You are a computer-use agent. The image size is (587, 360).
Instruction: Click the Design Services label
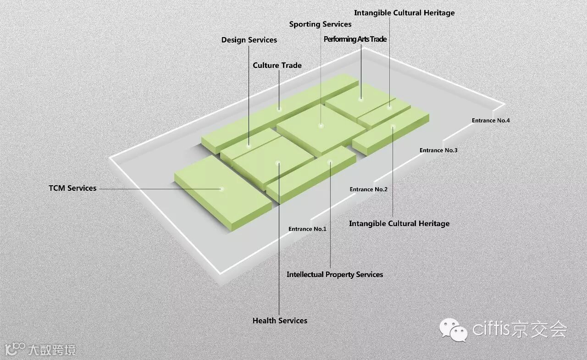[249, 40]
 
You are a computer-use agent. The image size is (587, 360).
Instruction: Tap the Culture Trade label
[277, 65]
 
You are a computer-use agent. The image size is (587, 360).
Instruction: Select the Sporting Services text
[320, 24]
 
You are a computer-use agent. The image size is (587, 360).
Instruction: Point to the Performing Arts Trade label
[355, 39]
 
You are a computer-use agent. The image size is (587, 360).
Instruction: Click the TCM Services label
[72, 188]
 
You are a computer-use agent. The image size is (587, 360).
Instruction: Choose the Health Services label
[280, 321]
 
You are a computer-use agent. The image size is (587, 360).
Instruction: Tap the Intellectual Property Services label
[335, 274]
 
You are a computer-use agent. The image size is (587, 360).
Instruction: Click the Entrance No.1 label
[307, 229]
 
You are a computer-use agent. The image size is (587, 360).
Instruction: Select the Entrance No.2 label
[368, 189]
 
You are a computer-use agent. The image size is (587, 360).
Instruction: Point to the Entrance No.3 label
[438, 150]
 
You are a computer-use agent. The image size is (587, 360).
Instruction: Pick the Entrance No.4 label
[491, 121]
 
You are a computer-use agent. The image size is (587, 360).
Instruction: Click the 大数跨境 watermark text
[51, 350]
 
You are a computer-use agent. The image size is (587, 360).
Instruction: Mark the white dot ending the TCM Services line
[222, 188]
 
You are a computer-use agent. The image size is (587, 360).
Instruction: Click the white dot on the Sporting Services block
[321, 125]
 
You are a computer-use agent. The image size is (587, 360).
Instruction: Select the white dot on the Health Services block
[278, 163]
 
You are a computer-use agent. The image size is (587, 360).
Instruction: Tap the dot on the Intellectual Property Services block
[330, 161]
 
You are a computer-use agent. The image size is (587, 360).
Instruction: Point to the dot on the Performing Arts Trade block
[361, 98]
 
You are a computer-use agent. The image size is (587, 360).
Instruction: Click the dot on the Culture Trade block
[279, 109]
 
